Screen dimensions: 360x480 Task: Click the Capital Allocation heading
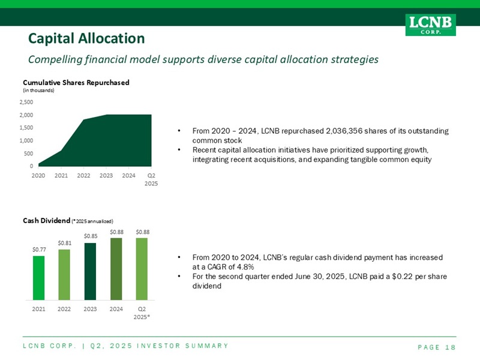[x=86, y=39]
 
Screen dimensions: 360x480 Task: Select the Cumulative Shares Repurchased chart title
[x=76, y=82]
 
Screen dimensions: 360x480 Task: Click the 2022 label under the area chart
[x=84, y=176]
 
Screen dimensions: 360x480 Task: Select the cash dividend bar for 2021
[x=39, y=278]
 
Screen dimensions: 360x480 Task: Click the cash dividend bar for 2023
[x=91, y=271]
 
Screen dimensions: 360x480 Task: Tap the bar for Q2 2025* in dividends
[x=142, y=269]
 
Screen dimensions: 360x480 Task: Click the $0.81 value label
[x=65, y=242]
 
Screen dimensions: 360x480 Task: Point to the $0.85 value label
[x=91, y=236]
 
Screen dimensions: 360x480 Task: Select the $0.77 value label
[x=39, y=249]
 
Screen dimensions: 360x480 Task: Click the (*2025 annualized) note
[x=92, y=221]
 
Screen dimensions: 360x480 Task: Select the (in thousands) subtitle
[x=38, y=90]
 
